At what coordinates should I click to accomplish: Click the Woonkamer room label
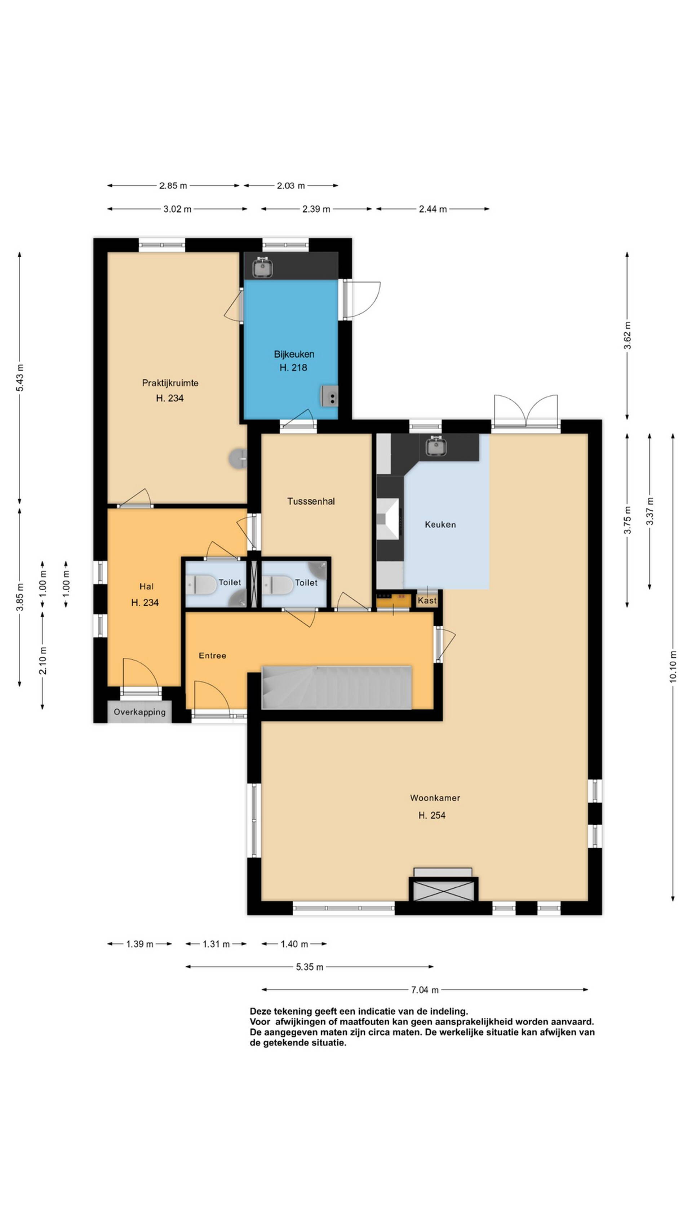tap(435, 798)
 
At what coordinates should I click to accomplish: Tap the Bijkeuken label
tap(294, 354)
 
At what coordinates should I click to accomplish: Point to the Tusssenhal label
tap(311, 501)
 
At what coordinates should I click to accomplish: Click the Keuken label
tap(440, 524)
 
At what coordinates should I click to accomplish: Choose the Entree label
tap(212, 656)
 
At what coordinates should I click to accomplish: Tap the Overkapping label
tap(139, 712)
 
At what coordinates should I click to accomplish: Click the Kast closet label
tap(427, 600)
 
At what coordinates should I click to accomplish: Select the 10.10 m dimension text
tap(673, 667)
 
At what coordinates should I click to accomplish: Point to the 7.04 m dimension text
tap(425, 990)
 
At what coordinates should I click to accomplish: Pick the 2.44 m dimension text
tap(432, 209)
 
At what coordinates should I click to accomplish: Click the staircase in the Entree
tap(336, 688)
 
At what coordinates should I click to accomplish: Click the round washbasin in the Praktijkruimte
tap(238, 459)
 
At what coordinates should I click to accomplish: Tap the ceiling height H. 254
tap(432, 815)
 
